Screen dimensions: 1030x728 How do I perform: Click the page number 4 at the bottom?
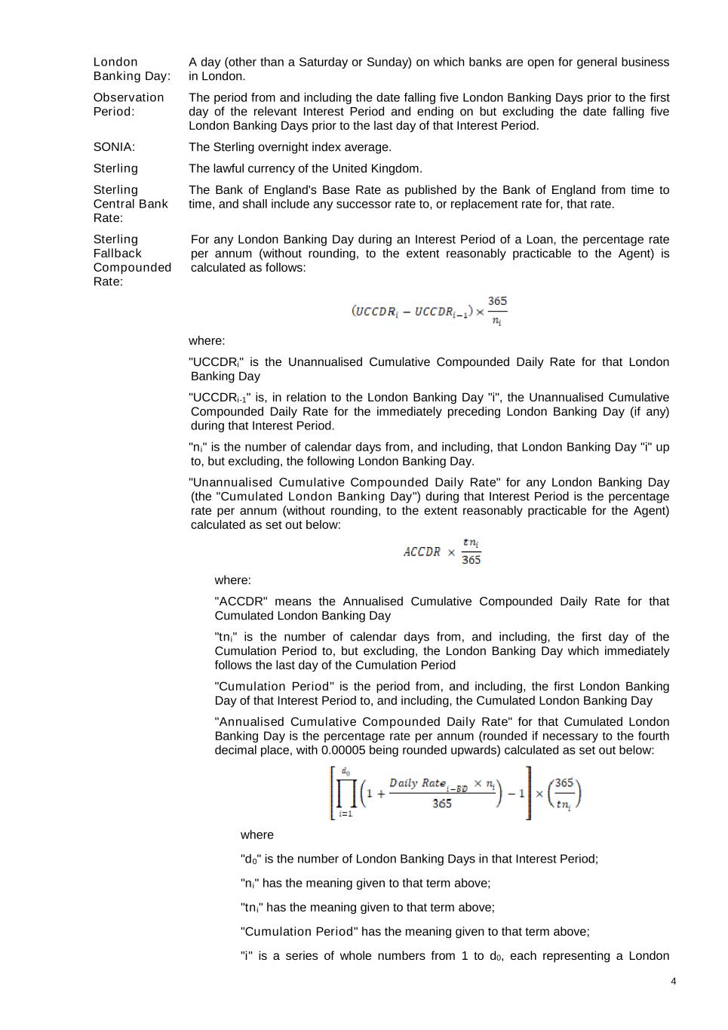673,982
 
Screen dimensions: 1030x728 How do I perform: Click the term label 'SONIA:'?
114,147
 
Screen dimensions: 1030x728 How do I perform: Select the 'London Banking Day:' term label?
131,69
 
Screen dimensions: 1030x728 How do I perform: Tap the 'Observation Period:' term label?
128,104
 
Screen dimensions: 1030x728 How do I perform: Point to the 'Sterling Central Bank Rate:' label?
131,204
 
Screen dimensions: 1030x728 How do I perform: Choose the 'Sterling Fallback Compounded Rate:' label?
132,260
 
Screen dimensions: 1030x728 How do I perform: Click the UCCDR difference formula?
429,311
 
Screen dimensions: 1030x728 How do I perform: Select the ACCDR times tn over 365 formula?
442,552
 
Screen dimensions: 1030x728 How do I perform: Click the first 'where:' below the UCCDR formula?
207,340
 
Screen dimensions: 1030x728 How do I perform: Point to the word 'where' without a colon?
256,835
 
